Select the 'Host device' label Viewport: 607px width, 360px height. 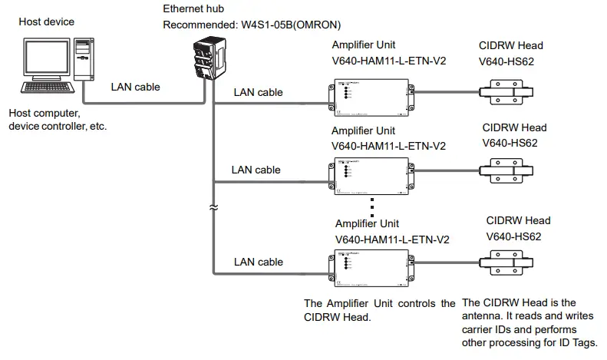click(x=47, y=21)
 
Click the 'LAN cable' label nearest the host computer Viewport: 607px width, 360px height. click(x=136, y=87)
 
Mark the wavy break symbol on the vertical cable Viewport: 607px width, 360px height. click(x=213, y=206)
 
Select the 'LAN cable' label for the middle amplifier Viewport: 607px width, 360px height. click(x=256, y=170)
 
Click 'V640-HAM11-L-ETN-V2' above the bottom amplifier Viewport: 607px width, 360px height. click(x=392, y=239)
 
